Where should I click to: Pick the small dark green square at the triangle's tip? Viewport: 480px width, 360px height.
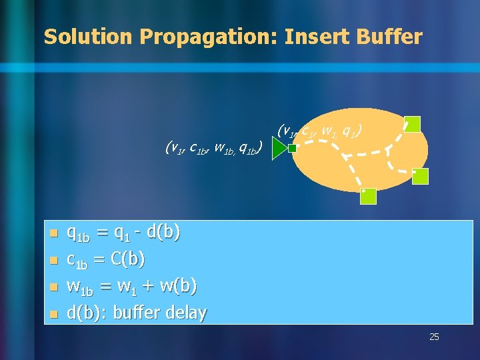tap(292, 149)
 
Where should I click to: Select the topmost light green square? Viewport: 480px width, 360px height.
tap(413, 124)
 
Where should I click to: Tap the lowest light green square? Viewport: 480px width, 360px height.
tap(369, 196)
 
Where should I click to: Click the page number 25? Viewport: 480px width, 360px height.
tap(434, 337)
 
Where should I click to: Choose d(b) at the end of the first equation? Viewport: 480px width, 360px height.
tap(163, 232)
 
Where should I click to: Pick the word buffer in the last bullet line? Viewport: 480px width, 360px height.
tap(136, 312)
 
